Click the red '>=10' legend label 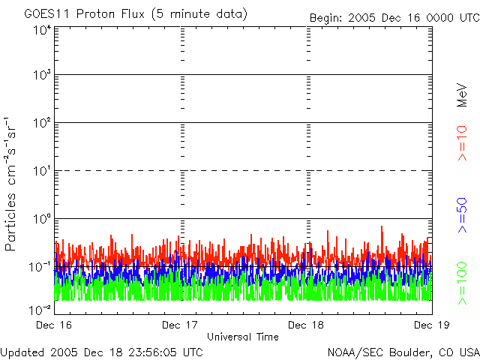463,142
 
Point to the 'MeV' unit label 463,96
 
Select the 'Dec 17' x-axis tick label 181,325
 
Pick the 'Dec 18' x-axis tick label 307,325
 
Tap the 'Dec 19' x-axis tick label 430,325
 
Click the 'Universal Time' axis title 243,337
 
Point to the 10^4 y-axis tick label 41,29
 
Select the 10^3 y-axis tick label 41,76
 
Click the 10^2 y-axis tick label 41,123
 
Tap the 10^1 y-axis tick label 41,171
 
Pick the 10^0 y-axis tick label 41,219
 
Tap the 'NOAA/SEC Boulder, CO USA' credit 403,351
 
